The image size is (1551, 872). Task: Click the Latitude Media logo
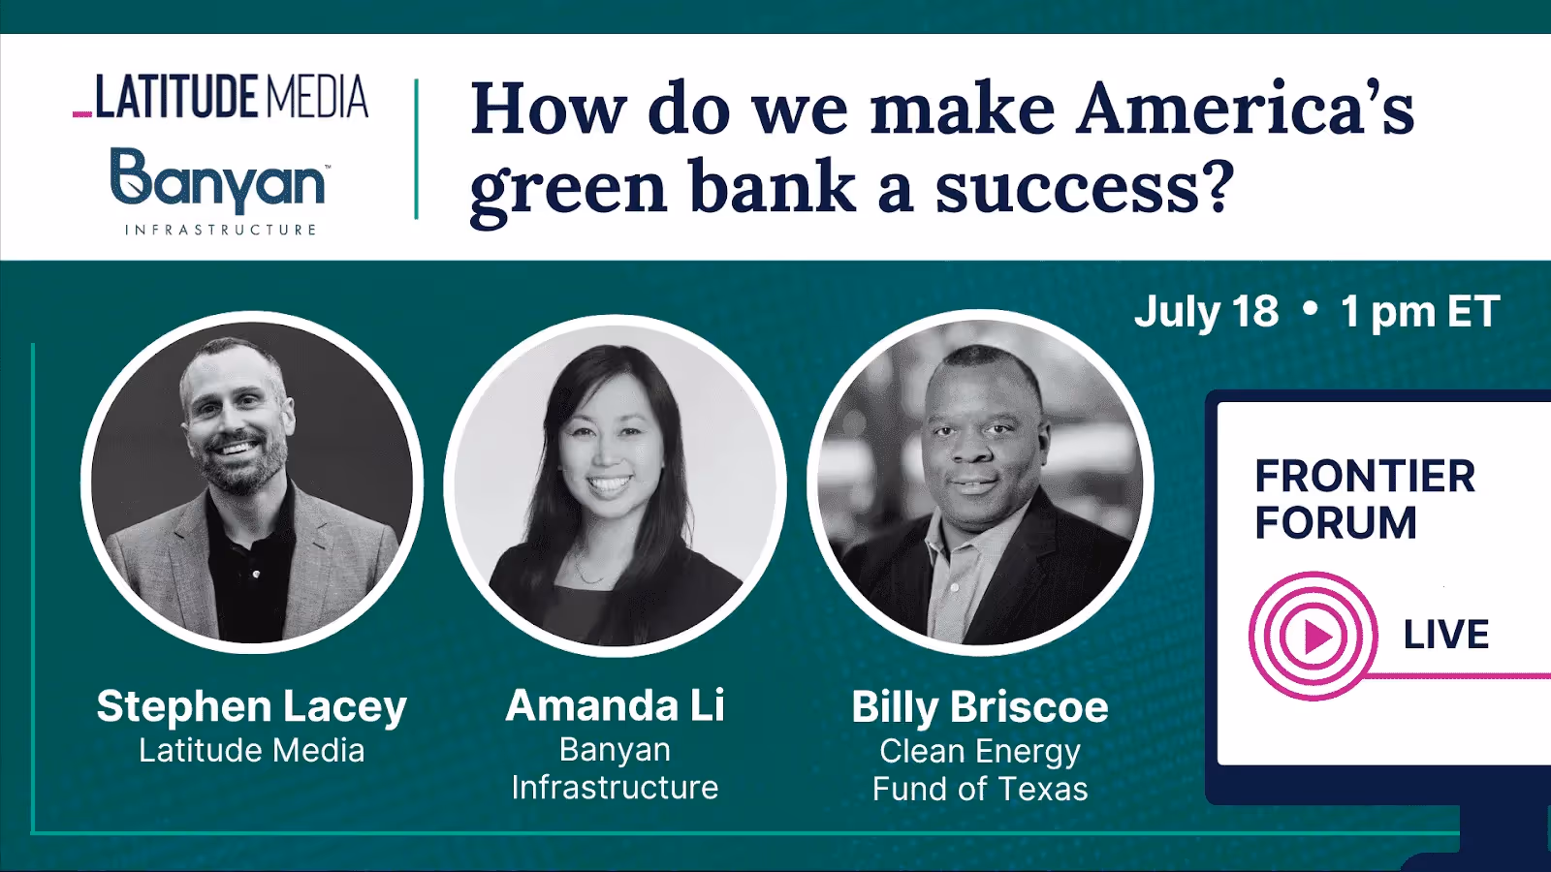[x=221, y=97]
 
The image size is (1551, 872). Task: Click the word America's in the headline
[x=1246, y=109]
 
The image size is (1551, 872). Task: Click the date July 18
[x=1207, y=312]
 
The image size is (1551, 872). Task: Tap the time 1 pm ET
[x=1420, y=312]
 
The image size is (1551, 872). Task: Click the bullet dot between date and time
[x=1311, y=309]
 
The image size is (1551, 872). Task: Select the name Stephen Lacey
[x=252, y=706]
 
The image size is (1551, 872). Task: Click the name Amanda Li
[x=615, y=705]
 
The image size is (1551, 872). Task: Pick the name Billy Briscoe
[x=980, y=707]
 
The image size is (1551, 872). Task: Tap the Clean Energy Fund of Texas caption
[x=980, y=770]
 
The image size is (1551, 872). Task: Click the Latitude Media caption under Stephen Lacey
[x=252, y=751]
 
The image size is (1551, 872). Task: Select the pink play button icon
[x=1314, y=637]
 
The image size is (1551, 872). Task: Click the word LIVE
[x=1446, y=635]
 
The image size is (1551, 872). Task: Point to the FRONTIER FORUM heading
[x=1365, y=499]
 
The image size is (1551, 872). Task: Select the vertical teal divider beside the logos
[x=417, y=149]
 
